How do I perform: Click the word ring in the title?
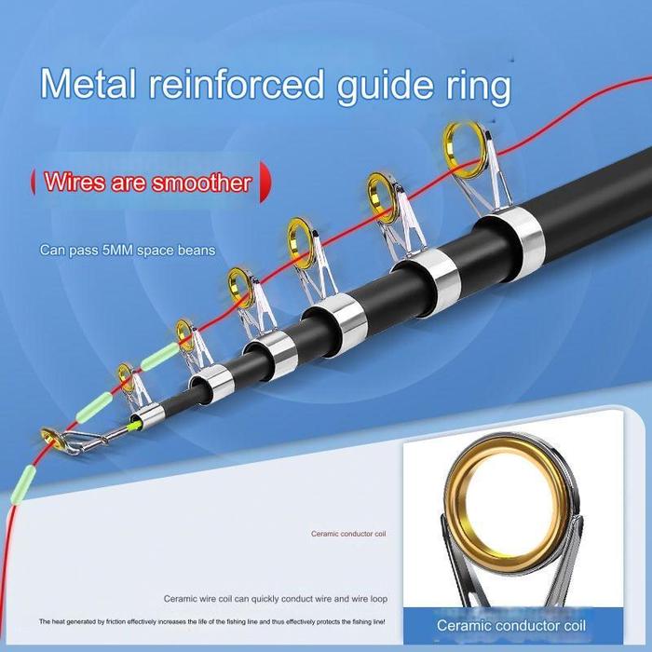coord(477,87)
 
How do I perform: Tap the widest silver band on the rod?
coord(509,229)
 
